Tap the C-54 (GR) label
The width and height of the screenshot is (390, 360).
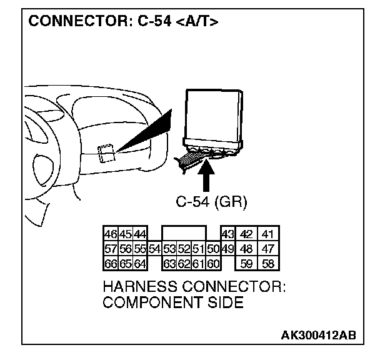tap(211, 202)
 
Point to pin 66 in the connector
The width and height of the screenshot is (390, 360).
tap(111, 263)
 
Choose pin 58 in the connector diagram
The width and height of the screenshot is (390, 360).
tap(268, 263)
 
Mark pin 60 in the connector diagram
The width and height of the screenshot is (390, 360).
tap(213, 263)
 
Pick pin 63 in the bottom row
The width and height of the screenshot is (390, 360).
tap(169, 263)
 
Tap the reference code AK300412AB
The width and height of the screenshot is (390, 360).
tap(318, 335)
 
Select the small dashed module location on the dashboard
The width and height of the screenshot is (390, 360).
tap(106, 152)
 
